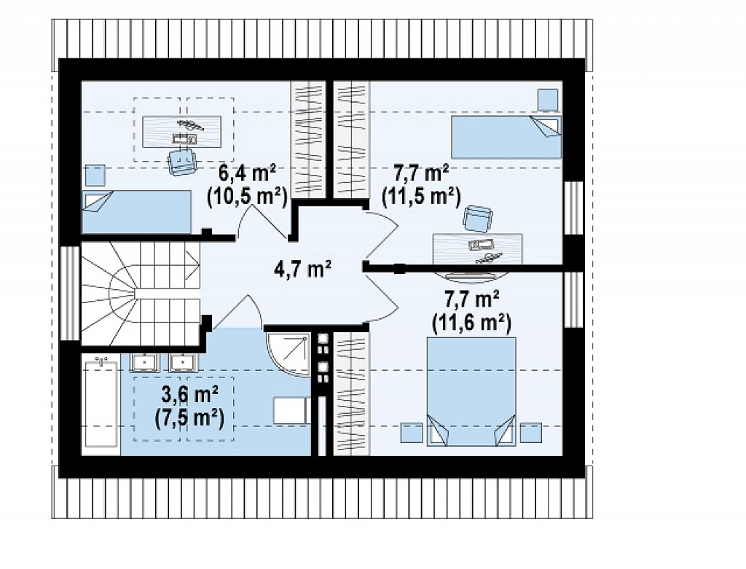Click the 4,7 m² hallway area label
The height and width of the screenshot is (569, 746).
tap(302, 270)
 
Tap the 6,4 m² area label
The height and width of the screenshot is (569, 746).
tap(248, 173)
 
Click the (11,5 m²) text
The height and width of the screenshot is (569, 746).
tap(422, 197)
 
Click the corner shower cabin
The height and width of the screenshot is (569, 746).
tap(288, 354)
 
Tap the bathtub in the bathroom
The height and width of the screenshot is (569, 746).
tap(101, 404)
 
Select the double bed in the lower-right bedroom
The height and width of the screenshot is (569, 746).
tap(471, 391)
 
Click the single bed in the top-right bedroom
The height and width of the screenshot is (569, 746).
tap(506, 137)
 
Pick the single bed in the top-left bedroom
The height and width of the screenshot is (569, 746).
tap(137, 212)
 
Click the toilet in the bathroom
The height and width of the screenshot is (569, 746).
tap(291, 411)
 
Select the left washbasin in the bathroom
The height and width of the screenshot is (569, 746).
tap(144, 363)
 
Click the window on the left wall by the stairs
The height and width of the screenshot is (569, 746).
tap(71, 293)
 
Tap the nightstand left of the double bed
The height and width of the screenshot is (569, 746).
tap(412, 433)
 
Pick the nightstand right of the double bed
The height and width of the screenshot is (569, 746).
tap(530, 433)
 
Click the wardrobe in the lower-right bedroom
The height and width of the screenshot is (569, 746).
tap(351, 394)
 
